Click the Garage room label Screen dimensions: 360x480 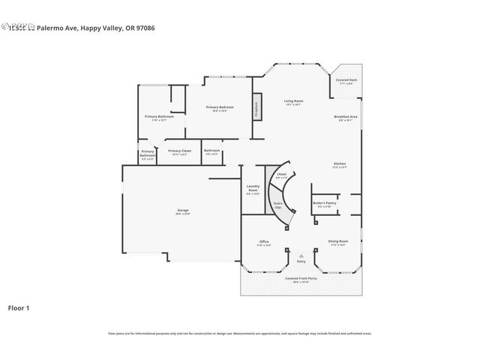(x=183, y=211)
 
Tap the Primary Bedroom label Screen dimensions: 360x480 (x=220, y=108)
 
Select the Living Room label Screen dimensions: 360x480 (x=293, y=101)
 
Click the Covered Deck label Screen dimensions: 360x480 (x=346, y=81)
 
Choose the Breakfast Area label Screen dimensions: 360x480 (x=346, y=118)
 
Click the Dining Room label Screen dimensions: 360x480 (x=337, y=241)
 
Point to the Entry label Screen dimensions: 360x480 (x=301, y=261)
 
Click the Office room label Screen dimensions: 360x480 (x=264, y=241)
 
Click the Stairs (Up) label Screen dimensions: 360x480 (x=277, y=205)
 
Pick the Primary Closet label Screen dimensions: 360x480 (x=180, y=151)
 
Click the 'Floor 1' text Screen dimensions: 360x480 (x=19, y=307)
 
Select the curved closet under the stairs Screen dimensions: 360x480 (x=281, y=175)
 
